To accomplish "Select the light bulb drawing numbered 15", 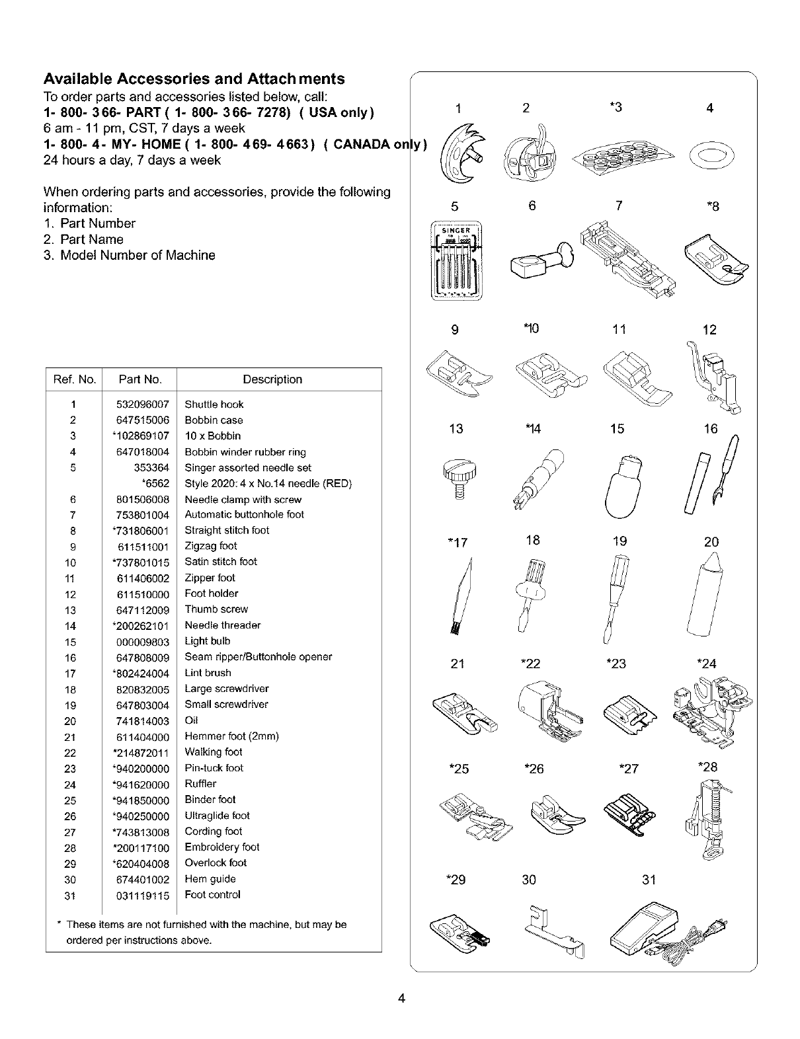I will pos(620,486).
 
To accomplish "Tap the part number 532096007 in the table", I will pos(143,404).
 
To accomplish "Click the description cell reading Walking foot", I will pos(214,752).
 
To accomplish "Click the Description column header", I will pos(272,379).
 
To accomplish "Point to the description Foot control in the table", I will pos(213,895).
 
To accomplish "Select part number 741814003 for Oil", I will pos(143,721).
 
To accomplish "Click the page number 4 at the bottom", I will pos(401,999).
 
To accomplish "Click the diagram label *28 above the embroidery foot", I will pos(707,767).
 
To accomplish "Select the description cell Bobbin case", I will pos(214,420).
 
